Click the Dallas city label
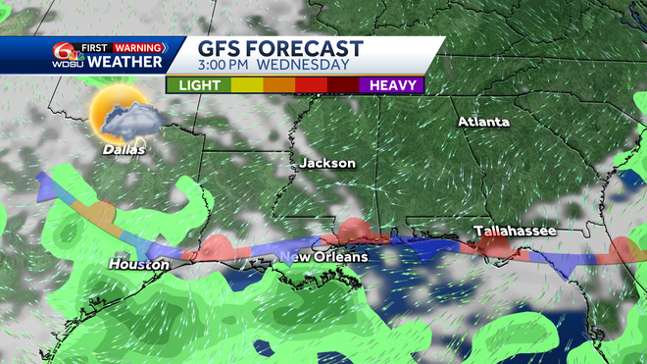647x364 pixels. point(124,150)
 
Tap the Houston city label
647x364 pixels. point(138,264)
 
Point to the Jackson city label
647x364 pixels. point(327,163)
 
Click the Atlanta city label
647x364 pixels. point(484,122)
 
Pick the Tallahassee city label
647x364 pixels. point(516,231)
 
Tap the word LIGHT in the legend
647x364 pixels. point(198,85)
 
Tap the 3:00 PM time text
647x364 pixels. point(230,66)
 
